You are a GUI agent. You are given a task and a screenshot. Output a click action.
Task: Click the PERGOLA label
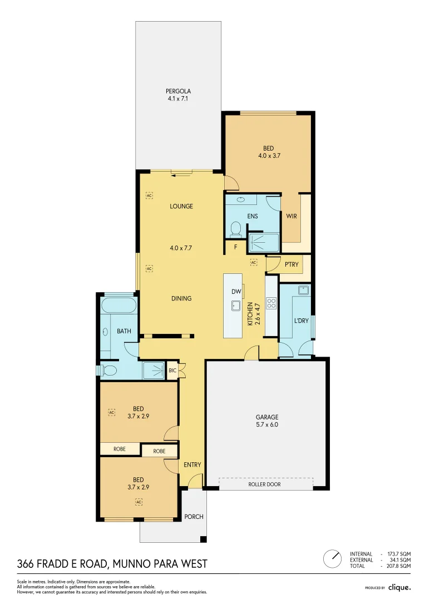178,91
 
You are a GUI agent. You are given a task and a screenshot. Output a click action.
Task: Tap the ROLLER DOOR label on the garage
264,484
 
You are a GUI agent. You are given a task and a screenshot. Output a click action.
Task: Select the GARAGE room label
267,417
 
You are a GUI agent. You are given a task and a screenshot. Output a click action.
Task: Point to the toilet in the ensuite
235,228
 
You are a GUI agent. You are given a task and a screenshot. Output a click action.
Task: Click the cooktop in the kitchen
272,303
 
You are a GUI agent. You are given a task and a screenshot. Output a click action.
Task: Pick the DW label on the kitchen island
236,291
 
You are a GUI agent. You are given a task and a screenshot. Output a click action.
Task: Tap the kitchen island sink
236,304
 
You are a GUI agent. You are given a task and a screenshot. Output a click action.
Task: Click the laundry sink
303,290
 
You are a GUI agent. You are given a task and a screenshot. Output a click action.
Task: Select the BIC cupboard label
172,370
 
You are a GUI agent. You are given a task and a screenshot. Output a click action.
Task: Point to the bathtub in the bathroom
118,306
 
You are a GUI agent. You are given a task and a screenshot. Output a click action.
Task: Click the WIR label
291,217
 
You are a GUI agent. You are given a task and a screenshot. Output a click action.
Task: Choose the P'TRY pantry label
292,264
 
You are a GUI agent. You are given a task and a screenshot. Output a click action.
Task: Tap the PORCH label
194,517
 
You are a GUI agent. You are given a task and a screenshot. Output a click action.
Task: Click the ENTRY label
192,465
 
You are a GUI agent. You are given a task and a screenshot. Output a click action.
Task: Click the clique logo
399,587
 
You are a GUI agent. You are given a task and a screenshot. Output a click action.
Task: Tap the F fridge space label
235,247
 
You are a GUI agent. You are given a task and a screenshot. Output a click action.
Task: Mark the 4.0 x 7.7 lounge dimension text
181,248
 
